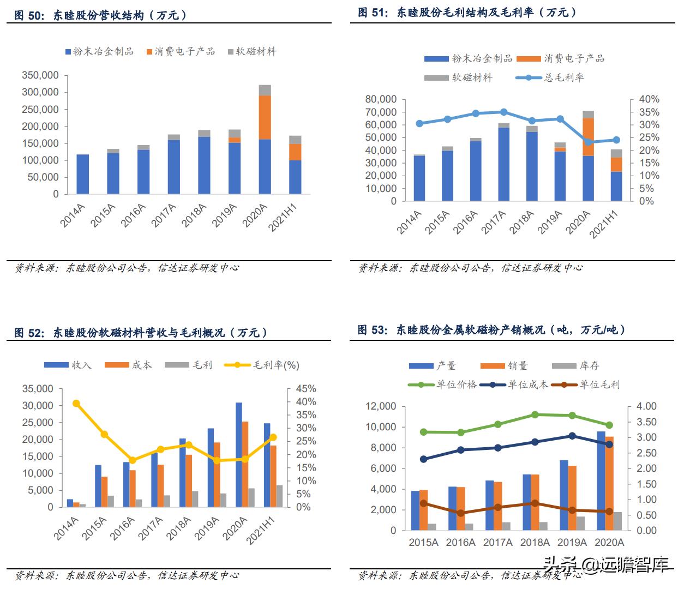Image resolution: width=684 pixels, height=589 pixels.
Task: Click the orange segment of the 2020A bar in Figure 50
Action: [x=265, y=117]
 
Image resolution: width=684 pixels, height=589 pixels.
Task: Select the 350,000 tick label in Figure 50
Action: [x=40, y=75]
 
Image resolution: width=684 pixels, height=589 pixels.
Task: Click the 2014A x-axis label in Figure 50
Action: [x=73, y=215]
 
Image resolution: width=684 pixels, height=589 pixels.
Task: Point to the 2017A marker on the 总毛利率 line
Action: [x=503, y=112]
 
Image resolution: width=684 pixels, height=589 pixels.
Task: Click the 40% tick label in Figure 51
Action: [x=649, y=99]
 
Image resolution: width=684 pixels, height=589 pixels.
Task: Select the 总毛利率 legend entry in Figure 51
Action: [x=550, y=77]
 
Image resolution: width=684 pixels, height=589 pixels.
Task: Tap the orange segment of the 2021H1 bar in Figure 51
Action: [x=616, y=165]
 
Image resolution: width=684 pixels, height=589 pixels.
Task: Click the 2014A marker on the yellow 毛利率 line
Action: [x=76, y=404]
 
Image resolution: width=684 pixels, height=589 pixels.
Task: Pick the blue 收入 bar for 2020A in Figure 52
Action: [x=238, y=454]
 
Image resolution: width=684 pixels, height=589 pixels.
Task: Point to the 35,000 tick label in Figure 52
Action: [x=38, y=389]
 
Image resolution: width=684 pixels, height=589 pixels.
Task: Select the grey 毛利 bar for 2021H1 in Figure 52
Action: [x=280, y=496]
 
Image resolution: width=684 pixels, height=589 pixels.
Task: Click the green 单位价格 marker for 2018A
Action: [x=535, y=415]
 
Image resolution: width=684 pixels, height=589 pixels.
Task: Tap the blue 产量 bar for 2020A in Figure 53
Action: [x=601, y=480]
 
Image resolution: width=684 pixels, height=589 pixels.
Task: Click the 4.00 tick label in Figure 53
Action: [x=646, y=406]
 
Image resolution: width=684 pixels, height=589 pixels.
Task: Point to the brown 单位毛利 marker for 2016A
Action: [x=461, y=513]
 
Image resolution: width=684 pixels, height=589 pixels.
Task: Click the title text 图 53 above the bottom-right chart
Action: [x=373, y=329]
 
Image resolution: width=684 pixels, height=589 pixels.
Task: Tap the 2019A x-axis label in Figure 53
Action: [x=572, y=542]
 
